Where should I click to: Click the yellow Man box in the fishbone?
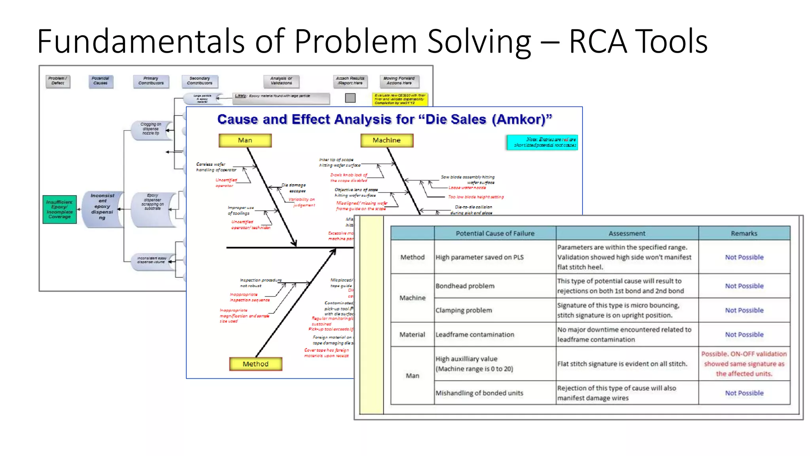click(245, 141)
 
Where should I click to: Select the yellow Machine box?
click(386, 141)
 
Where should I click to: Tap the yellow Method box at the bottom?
click(255, 364)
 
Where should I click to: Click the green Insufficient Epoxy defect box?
click(60, 209)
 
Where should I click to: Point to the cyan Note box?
click(542, 142)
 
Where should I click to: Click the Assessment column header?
click(626, 234)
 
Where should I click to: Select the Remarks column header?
click(744, 234)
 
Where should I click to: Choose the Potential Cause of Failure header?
click(495, 234)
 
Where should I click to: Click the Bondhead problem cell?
click(465, 286)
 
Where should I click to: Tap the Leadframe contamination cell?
click(475, 334)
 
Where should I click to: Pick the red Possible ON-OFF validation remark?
click(744, 364)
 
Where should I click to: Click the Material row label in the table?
click(412, 334)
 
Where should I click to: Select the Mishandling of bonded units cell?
click(479, 393)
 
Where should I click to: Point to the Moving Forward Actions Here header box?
click(399, 81)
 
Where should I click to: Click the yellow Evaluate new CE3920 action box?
click(399, 99)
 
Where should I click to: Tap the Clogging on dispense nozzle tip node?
click(151, 129)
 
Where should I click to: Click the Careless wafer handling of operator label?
click(216, 167)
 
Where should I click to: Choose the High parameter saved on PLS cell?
click(479, 257)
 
